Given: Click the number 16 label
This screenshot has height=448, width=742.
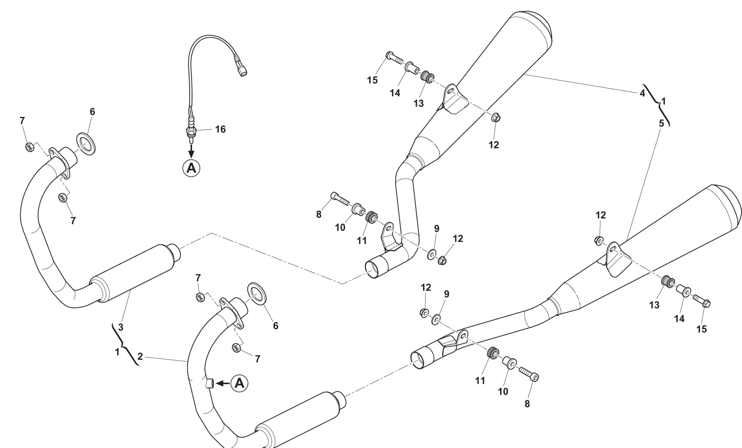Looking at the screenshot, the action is [220, 129].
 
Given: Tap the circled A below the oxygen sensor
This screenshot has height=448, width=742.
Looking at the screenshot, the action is [191, 169].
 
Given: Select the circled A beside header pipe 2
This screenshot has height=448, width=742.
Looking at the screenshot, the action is [239, 383].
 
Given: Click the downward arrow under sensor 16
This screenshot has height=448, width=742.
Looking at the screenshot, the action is [191, 151].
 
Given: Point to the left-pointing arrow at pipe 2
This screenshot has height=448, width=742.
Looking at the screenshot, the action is [223, 383].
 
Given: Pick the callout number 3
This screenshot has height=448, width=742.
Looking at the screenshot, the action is [121, 327].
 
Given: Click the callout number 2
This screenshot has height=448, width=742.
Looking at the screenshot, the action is [140, 357].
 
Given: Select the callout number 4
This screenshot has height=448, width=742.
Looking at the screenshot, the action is [643, 94].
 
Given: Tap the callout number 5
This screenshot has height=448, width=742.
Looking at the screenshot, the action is [661, 124].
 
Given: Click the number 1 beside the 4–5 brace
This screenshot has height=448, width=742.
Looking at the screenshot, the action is [664, 101].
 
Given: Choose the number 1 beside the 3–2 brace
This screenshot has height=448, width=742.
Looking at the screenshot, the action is [117, 352].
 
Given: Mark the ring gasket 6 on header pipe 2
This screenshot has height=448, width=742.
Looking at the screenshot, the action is [256, 293].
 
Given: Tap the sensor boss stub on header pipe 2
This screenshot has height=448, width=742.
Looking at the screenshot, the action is [210, 383].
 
